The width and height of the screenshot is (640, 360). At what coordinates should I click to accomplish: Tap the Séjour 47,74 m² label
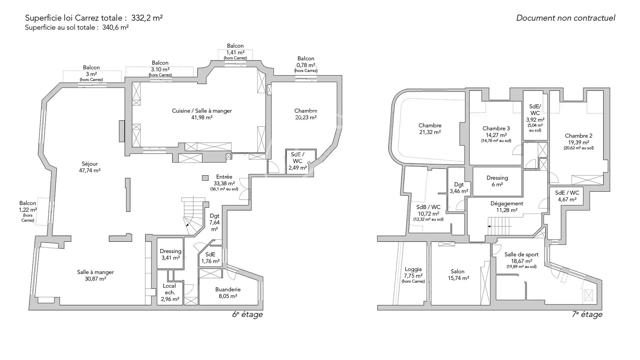tap(90, 167)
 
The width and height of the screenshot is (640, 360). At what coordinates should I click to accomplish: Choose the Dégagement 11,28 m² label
tap(507, 207)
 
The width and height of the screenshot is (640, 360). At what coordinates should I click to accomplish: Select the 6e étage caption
tap(247, 314)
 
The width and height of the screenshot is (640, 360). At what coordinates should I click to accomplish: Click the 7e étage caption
tap(587, 314)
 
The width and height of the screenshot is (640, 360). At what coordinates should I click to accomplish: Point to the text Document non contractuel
tap(566, 18)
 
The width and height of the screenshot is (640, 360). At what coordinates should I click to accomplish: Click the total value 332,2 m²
tap(147, 18)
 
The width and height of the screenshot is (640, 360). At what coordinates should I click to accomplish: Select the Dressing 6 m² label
tap(497, 181)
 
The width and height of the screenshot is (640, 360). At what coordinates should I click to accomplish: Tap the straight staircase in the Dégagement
tap(500, 226)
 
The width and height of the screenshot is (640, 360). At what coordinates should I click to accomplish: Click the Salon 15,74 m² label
tap(458, 275)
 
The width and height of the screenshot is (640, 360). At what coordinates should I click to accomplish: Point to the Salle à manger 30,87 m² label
tap(95, 275)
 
